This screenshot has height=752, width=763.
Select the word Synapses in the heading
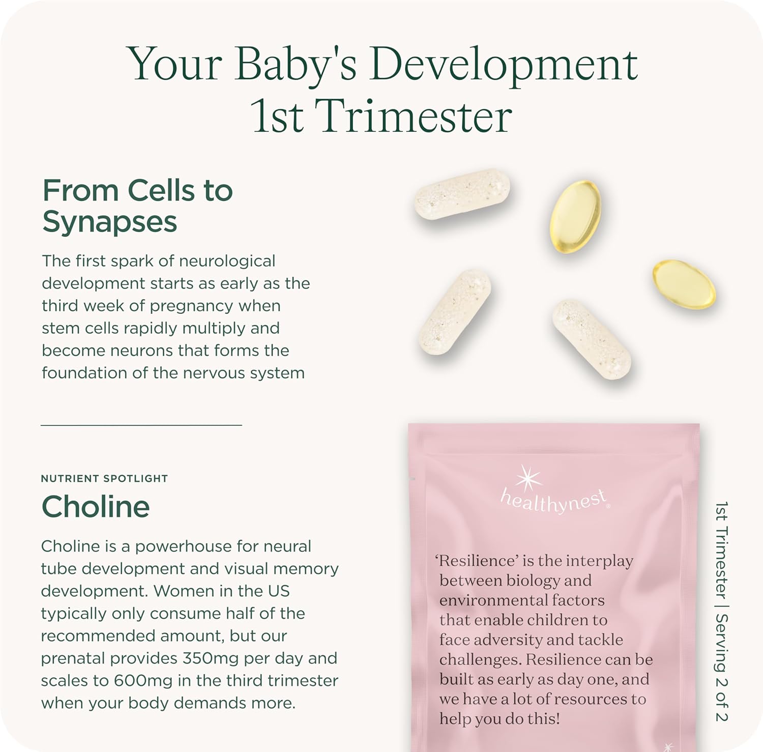[110, 222]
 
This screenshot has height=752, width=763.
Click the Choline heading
[96, 507]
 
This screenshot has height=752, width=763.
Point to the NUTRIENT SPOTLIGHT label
[104, 478]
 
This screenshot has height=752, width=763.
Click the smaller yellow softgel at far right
[684, 284]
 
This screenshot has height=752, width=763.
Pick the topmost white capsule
[462, 194]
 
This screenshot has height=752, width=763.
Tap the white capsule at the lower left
[454, 311]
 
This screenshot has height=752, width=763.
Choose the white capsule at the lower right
[592, 339]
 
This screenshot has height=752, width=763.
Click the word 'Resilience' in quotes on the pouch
[477, 561]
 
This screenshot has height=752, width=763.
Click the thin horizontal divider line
[141, 424]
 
